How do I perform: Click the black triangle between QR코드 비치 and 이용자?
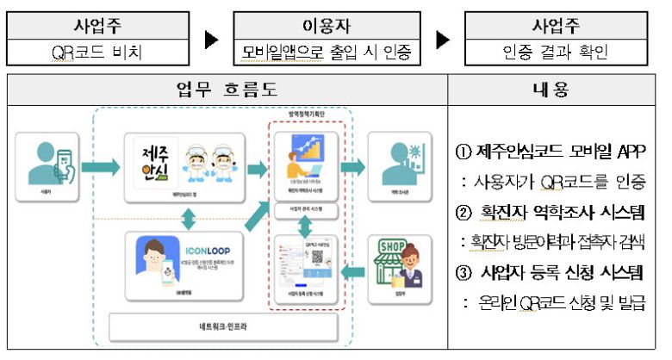pyautogui.click(x=211, y=40)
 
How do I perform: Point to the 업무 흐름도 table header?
pyautogui.click(x=227, y=90)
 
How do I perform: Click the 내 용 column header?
pyautogui.click(x=555, y=90)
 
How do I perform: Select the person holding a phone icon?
pyautogui.click(x=51, y=162)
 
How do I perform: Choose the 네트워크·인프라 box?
pyautogui.click(x=222, y=328)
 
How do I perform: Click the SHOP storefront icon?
pyautogui.click(x=395, y=264)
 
